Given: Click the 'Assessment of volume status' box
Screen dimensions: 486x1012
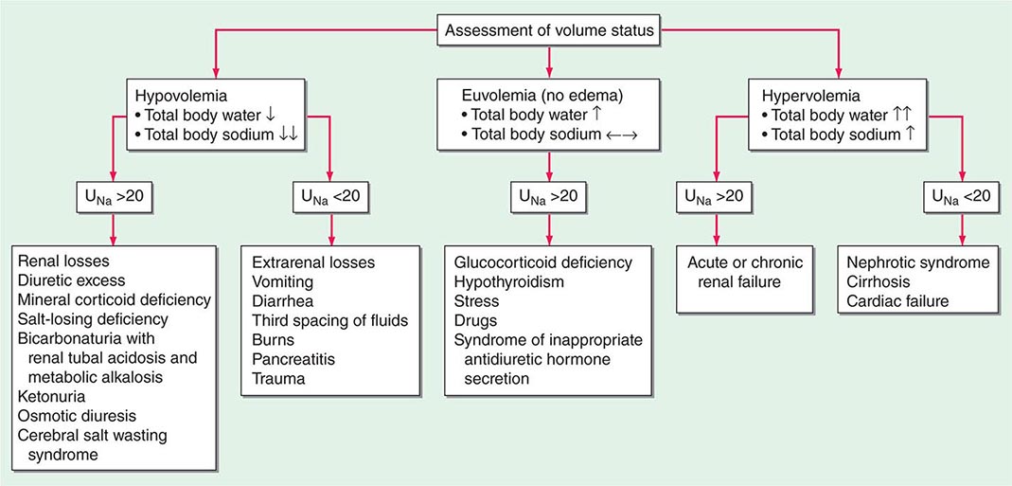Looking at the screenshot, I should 549,31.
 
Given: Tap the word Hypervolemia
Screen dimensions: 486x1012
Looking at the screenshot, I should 804,96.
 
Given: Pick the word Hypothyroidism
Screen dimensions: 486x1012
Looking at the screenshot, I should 510,281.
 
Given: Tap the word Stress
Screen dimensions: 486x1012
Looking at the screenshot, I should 476,300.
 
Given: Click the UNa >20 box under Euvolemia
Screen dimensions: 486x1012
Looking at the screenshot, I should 549,199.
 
